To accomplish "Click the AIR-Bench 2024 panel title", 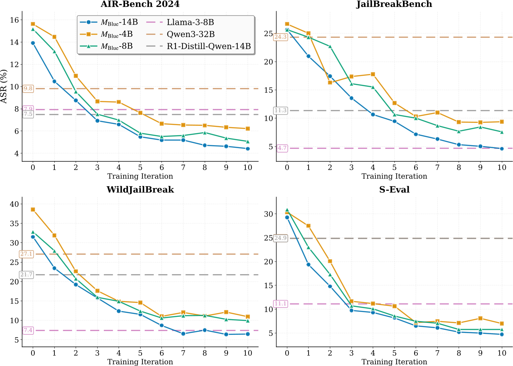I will (x=140, y=4).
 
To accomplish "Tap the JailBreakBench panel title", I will (x=394, y=4).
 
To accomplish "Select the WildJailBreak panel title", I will (x=140, y=190).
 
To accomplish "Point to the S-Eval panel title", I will (x=394, y=190).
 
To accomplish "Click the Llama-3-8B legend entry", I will (x=190, y=22).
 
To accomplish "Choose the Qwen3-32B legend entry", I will (x=190, y=34).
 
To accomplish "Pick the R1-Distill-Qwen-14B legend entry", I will (x=208, y=46).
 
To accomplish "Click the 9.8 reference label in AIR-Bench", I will (x=28, y=88).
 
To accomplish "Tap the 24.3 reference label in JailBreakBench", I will (x=280, y=37).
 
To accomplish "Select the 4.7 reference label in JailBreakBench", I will (x=282, y=148).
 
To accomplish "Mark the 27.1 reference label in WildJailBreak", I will (x=26, y=254).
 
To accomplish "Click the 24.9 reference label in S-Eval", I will (x=280, y=238).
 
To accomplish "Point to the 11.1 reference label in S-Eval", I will (x=280, y=304).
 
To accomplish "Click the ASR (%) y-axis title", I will (x=4, y=86).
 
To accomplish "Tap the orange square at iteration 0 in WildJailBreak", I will (x=33, y=209).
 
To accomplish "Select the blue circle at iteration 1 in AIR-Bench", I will (x=54, y=81).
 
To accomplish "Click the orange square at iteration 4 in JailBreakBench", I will (x=373, y=74).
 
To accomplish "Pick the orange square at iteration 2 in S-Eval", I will (x=330, y=261).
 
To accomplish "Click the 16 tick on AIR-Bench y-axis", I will (x=14, y=20).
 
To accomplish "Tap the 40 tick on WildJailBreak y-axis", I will (x=14, y=204).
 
